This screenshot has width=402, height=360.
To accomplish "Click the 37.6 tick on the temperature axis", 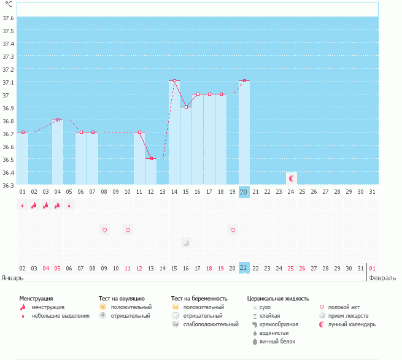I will (8, 17).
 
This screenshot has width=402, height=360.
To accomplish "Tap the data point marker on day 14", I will (174, 81).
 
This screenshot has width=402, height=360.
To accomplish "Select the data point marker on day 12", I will (151, 158).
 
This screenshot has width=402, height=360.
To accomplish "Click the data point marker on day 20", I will (244, 81).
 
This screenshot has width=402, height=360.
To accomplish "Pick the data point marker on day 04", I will (58, 120).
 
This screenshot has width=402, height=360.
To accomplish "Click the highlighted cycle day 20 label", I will (244, 192).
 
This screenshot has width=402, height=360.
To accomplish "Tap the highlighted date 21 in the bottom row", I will (244, 268).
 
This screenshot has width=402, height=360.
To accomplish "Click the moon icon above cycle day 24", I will (292, 178).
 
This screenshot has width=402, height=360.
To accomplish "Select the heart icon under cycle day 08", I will (104, 230).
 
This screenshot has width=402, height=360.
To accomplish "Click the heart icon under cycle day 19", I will (233, 230).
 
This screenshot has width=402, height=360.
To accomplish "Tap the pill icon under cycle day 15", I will (186, 243).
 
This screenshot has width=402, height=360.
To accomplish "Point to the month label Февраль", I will (382, 277).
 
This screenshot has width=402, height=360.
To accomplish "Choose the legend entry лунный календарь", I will (352, 324).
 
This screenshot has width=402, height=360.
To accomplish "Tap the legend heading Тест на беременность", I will (204, 299).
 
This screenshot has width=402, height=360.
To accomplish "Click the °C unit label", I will (9, 4).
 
